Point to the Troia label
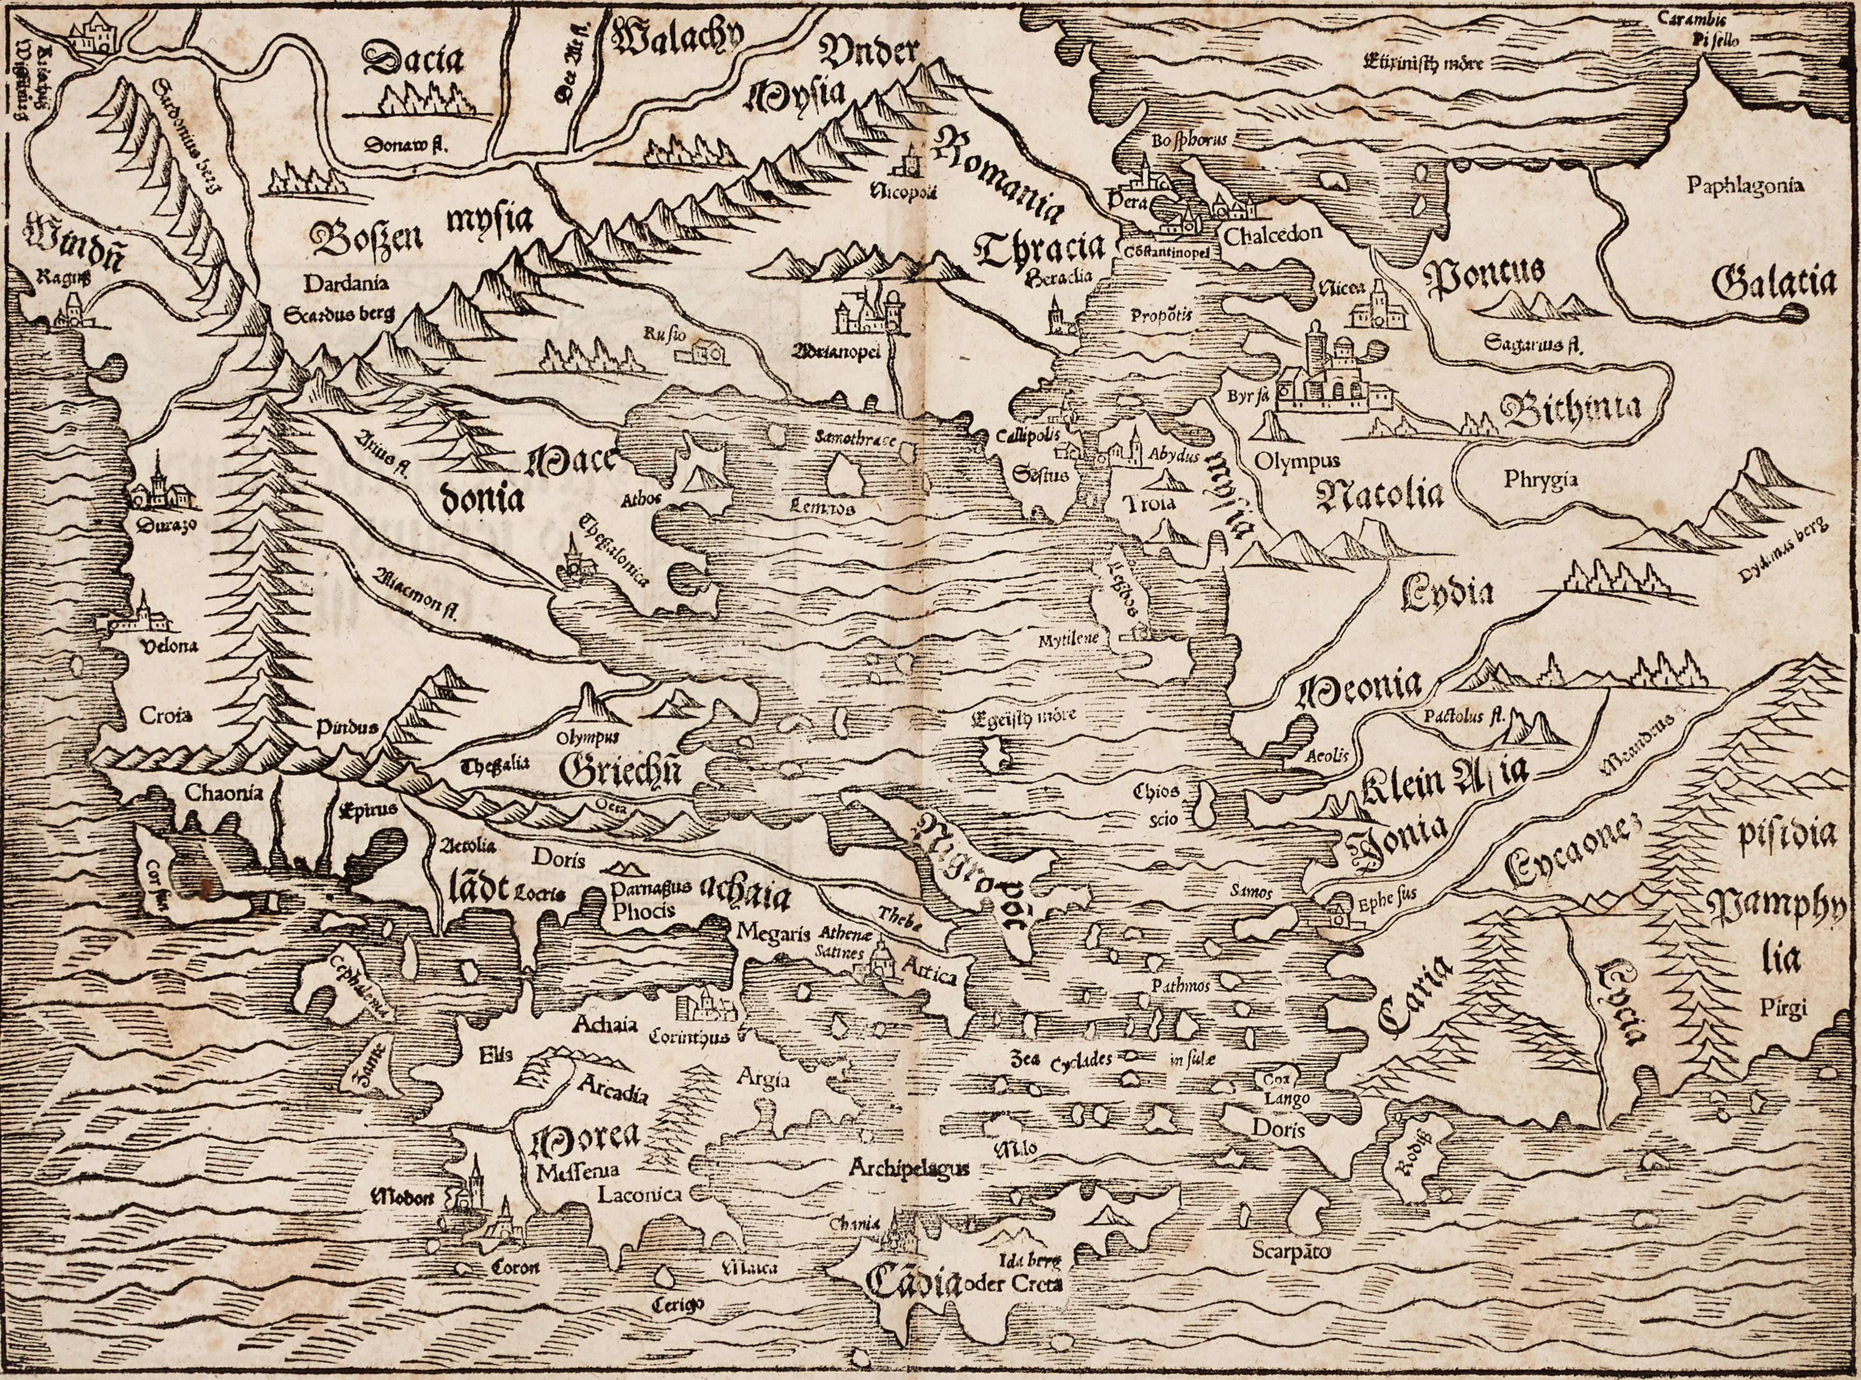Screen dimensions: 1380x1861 (1150, 503)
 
